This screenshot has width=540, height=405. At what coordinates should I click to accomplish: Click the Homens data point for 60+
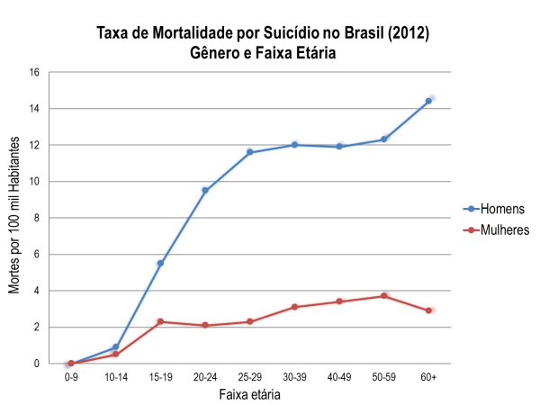click(428, 101)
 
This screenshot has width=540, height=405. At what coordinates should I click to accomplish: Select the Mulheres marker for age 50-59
click(383, 296)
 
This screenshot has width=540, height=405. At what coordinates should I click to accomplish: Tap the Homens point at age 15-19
click(160, 264)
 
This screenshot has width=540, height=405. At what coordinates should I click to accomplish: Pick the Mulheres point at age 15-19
click(160, 321)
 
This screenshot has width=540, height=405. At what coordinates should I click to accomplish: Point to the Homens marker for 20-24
click(205, 190)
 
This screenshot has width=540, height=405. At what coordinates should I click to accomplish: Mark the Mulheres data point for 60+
click(428, 310)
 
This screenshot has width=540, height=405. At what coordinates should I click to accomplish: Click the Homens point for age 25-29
click(249, 152)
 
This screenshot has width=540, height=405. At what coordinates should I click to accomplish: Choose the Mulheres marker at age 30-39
click(294, 307)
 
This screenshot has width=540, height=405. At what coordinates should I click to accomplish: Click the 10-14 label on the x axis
click(116, 378)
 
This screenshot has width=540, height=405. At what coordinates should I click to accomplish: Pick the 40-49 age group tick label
click(339, 378)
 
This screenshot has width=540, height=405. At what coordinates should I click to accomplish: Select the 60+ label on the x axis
click(428, 378)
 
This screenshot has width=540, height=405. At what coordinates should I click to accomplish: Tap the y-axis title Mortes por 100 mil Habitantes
click(14, 218)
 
